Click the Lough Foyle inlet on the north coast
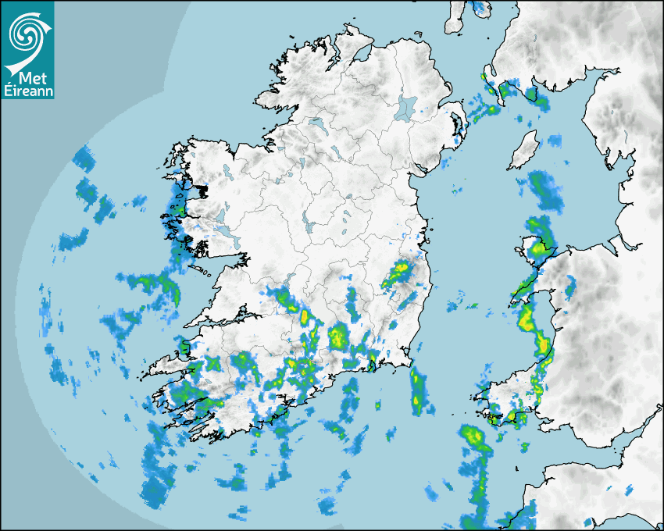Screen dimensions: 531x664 362,54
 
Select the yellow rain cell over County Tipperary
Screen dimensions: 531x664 338,338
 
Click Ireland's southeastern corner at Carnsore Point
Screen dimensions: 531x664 409,362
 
